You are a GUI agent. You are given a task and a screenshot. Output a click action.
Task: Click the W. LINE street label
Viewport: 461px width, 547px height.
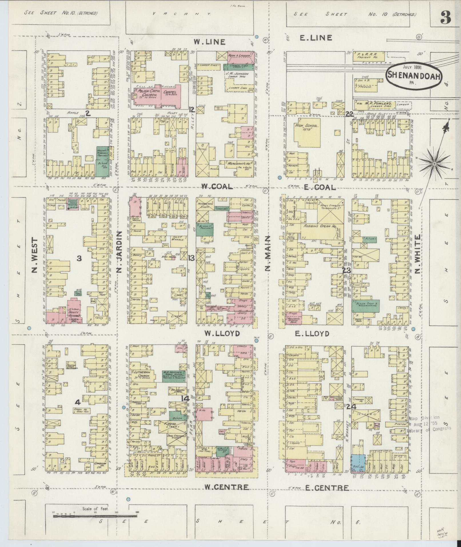point(209,42)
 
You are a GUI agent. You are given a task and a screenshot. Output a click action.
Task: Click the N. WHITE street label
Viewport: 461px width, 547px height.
point(418,254)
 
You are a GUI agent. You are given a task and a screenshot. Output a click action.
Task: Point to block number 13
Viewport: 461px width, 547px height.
point(191,258)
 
